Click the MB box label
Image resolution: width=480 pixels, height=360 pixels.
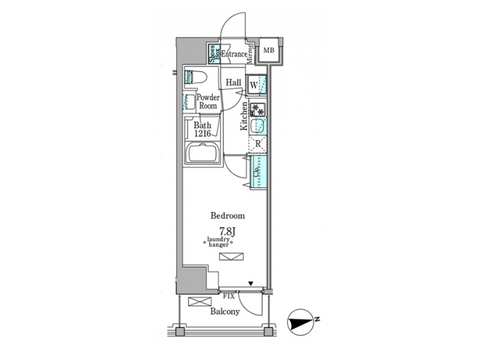click(x=269, y=50)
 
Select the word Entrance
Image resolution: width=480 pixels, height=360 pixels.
click(x=233, y=55)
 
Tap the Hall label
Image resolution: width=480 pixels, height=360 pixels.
click(x=233, y=83)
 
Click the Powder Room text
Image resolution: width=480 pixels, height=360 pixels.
click(x=208, y=101)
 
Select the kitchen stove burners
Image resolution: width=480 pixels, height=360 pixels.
click(x=259, y=109)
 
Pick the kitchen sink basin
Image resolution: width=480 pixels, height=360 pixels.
click(x=259, y=126)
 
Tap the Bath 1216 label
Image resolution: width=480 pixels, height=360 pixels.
click(x=203, y=129)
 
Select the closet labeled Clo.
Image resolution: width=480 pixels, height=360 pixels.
click(x=259, y=171)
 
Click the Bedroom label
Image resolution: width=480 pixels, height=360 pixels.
click(x=227, y=215)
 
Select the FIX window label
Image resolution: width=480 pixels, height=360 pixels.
click(x=228, y=295)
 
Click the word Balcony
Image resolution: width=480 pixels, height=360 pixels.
click(x=225, y=311)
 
